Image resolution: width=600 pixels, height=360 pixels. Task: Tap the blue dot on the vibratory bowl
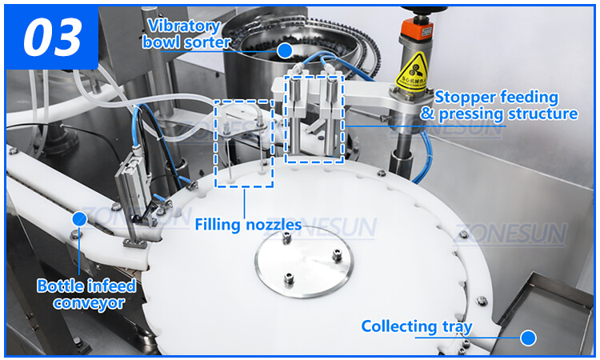(285, 50)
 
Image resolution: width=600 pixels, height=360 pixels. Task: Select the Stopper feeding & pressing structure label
(498, 106)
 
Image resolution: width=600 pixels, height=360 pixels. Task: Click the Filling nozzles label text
(247, 225)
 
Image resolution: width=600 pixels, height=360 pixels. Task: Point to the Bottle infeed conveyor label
(86, 294)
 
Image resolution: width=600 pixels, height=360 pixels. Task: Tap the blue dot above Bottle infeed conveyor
(78, 218)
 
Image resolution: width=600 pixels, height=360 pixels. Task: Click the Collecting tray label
(416, 326)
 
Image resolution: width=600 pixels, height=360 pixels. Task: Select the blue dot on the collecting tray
(527, 338)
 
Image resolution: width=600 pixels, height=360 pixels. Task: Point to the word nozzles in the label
(274, 225)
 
